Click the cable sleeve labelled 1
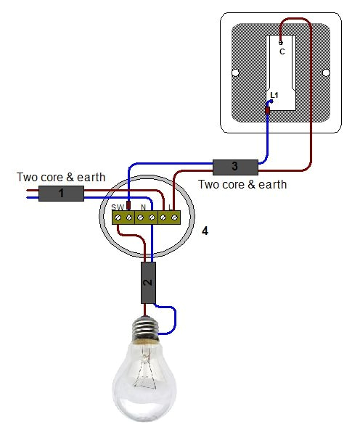tap(61, 194)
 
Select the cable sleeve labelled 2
tap(148, 283)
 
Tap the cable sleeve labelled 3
tap(234, 166)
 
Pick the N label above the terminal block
tap(144, 208)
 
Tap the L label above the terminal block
tap(170, 208)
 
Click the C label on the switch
tap(282, 52)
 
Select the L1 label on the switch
tap(274, 95)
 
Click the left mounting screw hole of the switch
tap(237, 72)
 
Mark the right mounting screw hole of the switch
tap(326, 72)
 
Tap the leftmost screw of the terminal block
tap(118, 217)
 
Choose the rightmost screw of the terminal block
tap(174, 217)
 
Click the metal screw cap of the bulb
tap(147, 330)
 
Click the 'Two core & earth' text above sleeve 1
tap(61, 177)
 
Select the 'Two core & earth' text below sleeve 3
tap(242, 184)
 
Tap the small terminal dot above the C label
tap(281, 43)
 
